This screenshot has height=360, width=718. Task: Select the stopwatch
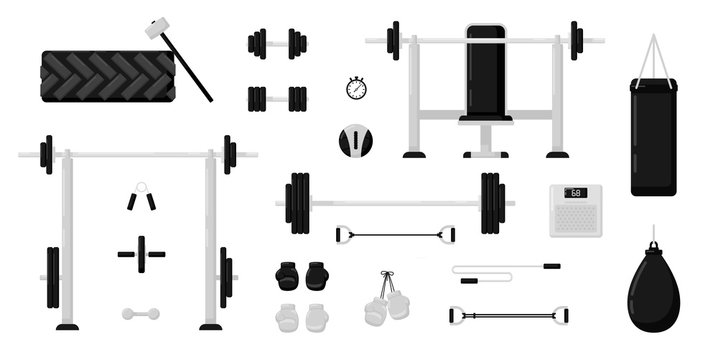356,88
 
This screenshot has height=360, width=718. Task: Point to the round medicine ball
352,140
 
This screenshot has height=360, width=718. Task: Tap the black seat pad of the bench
485,121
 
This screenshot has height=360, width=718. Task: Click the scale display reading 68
574,193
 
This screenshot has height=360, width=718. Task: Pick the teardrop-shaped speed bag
650,284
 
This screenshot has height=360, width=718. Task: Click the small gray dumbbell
140,313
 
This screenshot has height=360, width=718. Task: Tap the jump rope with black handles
506,269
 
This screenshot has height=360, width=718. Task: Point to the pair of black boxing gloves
301,275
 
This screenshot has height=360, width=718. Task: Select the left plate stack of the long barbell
298,203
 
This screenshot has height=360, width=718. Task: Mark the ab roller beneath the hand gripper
141,252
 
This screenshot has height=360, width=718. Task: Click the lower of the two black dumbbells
277,98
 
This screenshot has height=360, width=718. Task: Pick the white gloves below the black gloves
301,316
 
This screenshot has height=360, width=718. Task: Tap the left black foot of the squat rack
67,326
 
